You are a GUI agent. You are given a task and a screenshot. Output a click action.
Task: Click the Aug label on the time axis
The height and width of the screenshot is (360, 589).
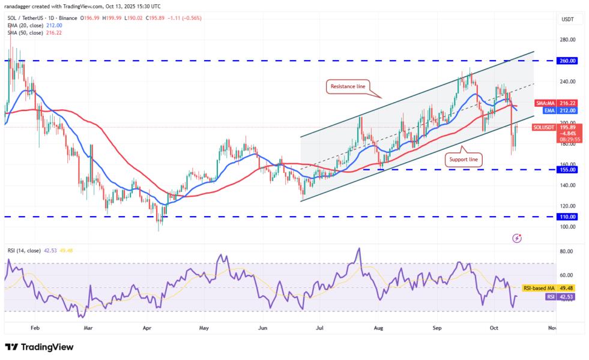(378, 329)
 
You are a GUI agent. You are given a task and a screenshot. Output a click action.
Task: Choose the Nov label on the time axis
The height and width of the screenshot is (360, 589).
(552, 329)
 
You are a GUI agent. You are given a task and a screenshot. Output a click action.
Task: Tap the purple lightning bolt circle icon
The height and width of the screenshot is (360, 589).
(517, 238)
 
